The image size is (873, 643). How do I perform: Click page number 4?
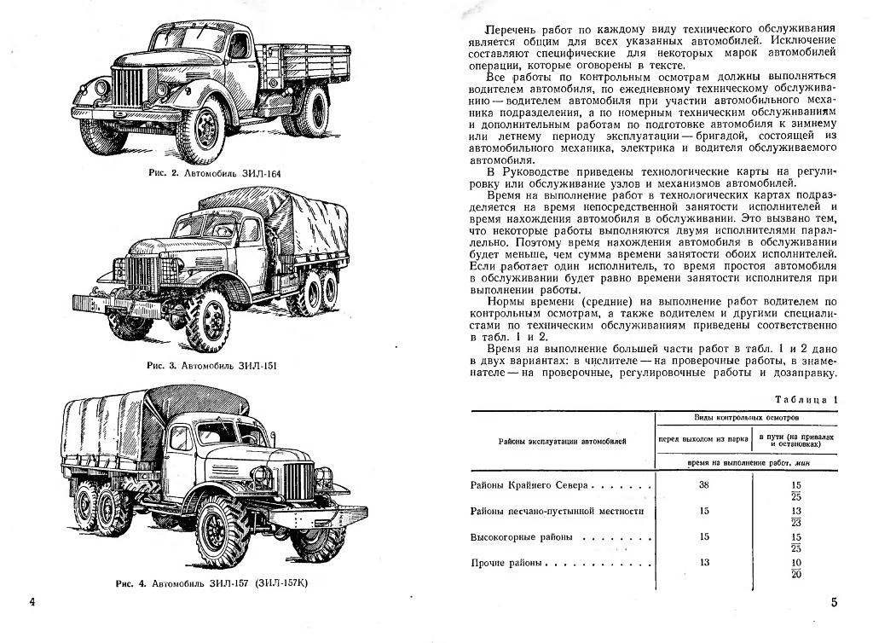coord(32,603)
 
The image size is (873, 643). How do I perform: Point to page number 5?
coord(834,603)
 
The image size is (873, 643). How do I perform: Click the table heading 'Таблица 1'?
coord(806,400)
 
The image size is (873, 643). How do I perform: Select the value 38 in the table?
coord(703,484)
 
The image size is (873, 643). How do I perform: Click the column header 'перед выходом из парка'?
coord(703,441)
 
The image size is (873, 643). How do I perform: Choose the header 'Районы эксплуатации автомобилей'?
coord(562,441)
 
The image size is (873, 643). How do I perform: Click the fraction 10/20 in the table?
coord(796,568)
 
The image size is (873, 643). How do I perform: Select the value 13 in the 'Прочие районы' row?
coord(703,563)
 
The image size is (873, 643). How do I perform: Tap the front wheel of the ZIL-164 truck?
coord(202,131)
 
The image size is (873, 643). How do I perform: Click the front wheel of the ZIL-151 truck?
coord(207,318)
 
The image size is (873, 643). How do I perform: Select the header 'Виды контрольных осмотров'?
coord(747,420)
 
